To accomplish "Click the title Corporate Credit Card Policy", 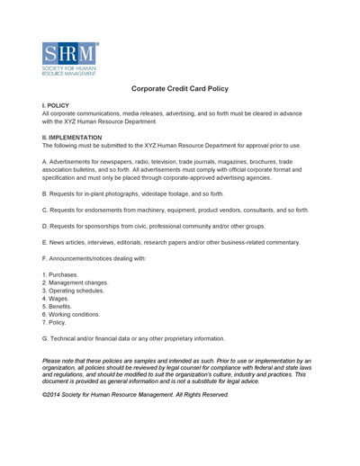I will pos(180,89).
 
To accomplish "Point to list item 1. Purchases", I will pos(59,273).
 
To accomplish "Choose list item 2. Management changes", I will pos(75,282).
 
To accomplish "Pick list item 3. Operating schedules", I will pos(73,291).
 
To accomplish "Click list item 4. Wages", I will pos(54,299).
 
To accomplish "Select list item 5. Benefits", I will pos(57,307).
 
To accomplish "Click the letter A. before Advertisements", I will pos(45,161).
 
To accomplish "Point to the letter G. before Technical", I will pos(45,338).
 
